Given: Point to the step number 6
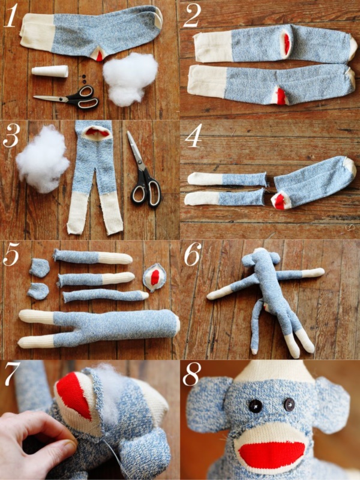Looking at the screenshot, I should (x=193, y=255).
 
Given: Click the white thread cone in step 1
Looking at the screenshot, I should (x=50, y=72).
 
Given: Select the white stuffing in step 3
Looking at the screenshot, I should (x=42, y=159).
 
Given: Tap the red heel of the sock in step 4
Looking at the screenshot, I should (x=280, y=202).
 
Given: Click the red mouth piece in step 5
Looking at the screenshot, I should (x=154, y=277).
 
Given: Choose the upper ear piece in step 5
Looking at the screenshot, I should (x=40, y=268).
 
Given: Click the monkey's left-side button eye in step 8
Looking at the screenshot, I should (x=255, y=406).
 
